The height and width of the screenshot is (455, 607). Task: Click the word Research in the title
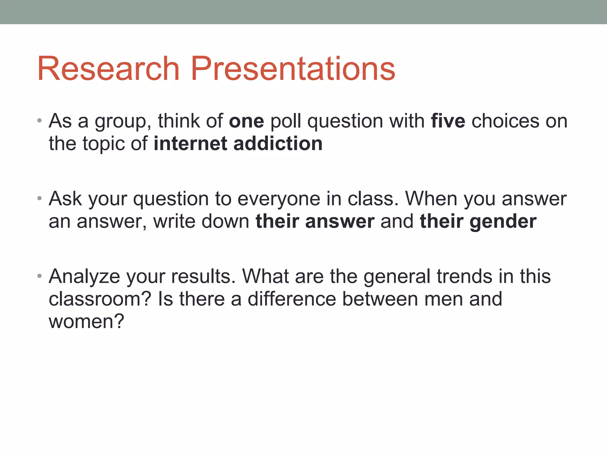(108, 69)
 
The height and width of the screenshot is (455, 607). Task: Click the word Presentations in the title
(293, 69)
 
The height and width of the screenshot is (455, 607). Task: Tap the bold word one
(246, 121)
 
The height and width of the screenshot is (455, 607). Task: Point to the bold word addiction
(278, 144)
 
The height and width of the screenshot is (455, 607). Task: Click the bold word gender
(503, 222)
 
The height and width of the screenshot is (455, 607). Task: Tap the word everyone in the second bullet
(279, 199)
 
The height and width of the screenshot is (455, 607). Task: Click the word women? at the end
(86, 321)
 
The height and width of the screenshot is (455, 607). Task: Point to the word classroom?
(100, 299)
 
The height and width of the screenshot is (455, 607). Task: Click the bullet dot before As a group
(39, 121)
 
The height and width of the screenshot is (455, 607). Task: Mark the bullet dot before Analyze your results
(39, 276)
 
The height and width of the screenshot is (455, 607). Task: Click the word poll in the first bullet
(285, 121)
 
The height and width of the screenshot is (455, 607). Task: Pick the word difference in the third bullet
(292, 299)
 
